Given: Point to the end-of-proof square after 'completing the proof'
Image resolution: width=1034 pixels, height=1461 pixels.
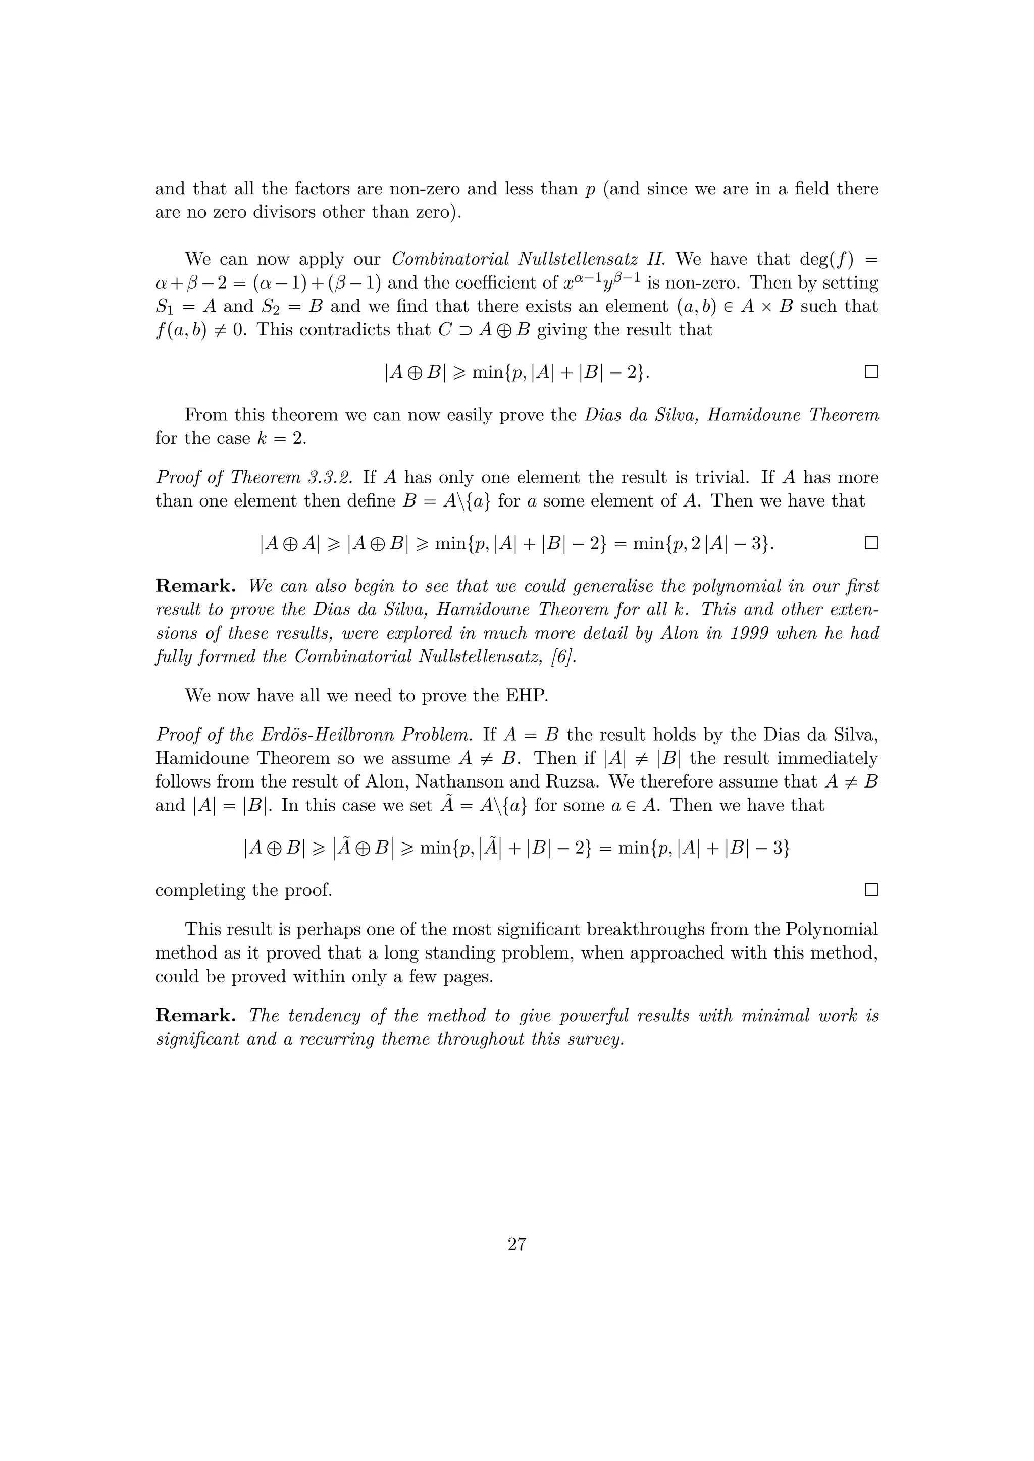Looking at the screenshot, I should point(871,889).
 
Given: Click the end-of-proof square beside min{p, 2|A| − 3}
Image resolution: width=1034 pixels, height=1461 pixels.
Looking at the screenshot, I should point(871,543).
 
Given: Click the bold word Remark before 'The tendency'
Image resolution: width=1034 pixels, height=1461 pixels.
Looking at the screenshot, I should point(195,1016).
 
